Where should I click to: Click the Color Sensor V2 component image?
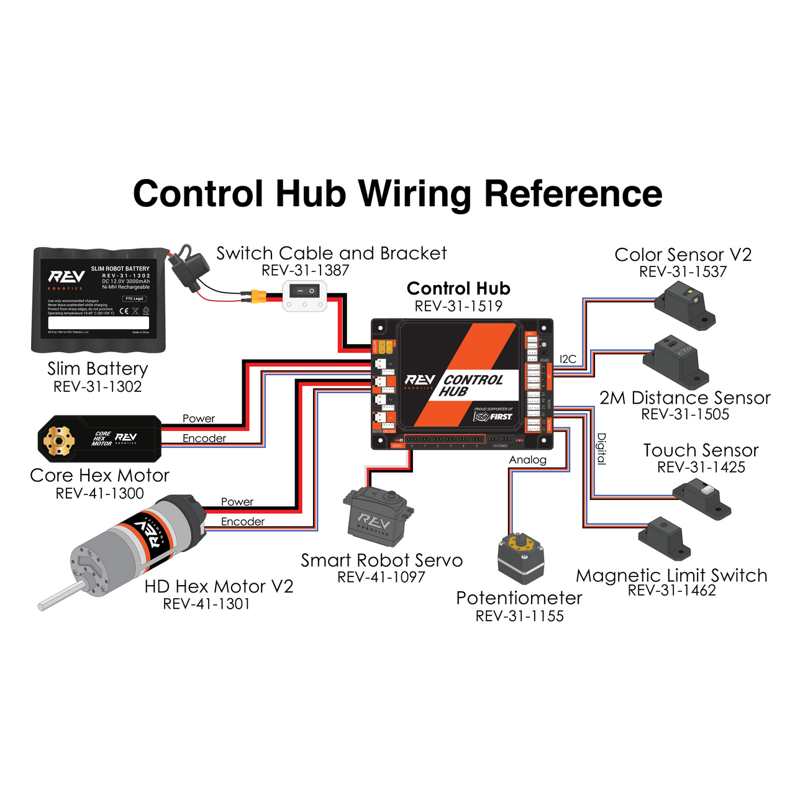click(x=686, y=305)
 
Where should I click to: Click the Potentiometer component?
click(x=521, y=557)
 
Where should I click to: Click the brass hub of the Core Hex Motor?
click(x=59, y=440)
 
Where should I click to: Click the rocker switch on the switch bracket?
click(x=304, y=291)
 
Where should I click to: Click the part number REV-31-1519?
click(x=458, y=306)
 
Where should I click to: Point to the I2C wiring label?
click(x=568, y=359)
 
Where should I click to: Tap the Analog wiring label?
click(x=527, y=460)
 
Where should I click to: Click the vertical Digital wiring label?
click(x=601, y=448)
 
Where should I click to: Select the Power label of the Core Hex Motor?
click(x=199, y=419)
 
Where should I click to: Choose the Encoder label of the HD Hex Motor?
click(x=242, y=522)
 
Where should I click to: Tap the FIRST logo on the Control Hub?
click(x=494, y=416)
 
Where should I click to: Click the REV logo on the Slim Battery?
click(x=66, y=277)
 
